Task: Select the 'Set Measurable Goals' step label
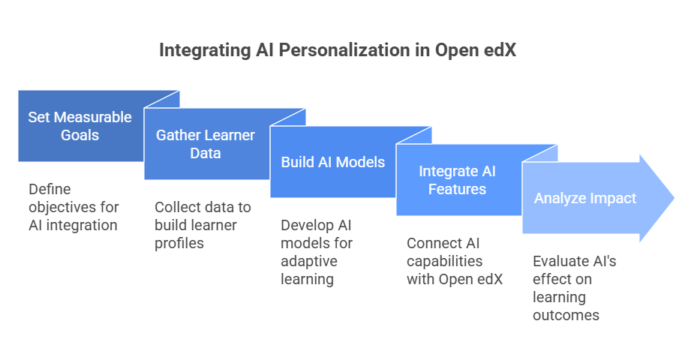pos(80,126)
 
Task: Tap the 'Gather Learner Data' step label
pos(205,144)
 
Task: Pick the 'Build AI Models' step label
pos(332,162)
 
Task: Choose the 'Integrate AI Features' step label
pos(457,180)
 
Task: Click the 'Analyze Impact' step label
pos(584,198)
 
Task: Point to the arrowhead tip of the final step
pos(674,198)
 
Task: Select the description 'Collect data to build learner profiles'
pos(203,225)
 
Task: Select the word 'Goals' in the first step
pos(80,136)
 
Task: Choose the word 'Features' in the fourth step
pos(457,189)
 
